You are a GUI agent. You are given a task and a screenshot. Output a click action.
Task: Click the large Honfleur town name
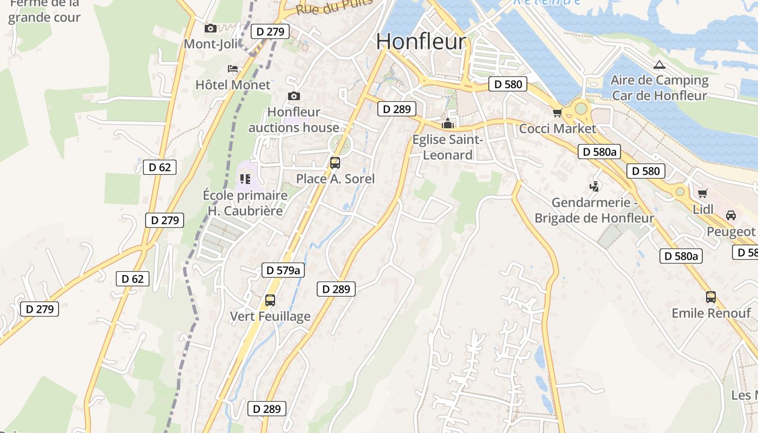click(421, 42)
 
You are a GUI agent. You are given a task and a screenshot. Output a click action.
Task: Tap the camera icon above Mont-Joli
click(211, 28)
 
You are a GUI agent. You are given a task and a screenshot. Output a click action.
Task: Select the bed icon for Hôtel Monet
click(233, 69)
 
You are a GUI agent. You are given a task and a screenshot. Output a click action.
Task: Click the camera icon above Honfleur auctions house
click(294, 96)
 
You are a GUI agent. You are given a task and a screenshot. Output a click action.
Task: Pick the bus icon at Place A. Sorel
click(335, 162)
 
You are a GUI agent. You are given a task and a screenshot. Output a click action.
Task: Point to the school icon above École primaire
click(245, 179)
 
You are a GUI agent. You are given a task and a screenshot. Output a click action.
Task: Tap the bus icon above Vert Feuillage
click(270, 300)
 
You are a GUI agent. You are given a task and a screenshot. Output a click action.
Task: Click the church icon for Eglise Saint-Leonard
click(447, 124)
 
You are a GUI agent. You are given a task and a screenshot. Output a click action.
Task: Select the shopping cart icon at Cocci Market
click(557, 113)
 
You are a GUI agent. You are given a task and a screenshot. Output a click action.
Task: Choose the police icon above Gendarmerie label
click(594, 187)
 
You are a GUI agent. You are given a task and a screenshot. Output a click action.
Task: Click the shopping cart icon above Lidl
click(703, 193)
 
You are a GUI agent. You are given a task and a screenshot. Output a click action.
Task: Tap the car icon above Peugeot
click(731, 215)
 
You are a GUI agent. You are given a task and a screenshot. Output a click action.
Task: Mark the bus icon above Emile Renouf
click(711, 297)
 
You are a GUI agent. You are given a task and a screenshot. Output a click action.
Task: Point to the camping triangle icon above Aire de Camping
click(659, 65)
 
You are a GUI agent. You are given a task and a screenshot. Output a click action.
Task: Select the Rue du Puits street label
click(334, 7)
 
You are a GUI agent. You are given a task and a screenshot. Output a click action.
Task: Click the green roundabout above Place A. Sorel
click(341, 145)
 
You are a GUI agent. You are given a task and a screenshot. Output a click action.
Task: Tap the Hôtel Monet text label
click(233, 85)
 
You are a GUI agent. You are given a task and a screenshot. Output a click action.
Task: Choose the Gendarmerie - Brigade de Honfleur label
click(594, 211)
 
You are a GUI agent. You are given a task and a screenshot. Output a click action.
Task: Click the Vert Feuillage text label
click(270, 316)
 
